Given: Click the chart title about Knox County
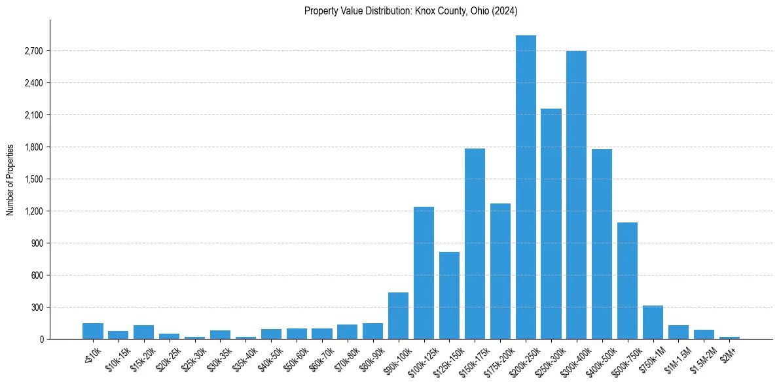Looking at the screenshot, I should click(411, 11).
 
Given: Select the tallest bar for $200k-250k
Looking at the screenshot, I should click(526, 187).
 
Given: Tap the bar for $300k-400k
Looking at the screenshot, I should click(577, 195).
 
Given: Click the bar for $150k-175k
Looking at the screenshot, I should click(475, 243).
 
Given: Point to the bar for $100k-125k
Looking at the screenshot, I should click(424, 273).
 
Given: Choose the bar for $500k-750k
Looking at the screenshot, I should click(627, 281).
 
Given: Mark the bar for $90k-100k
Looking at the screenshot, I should click(398, 315).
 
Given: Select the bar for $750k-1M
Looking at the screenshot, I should click(653, 322).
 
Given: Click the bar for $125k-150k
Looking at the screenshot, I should click(449, 295).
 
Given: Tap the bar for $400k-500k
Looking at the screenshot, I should click(602, 244).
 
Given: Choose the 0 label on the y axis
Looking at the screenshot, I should click(40, 340).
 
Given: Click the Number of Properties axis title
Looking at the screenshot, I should click(10, 179).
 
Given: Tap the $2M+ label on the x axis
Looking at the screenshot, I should click(729, 351).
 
